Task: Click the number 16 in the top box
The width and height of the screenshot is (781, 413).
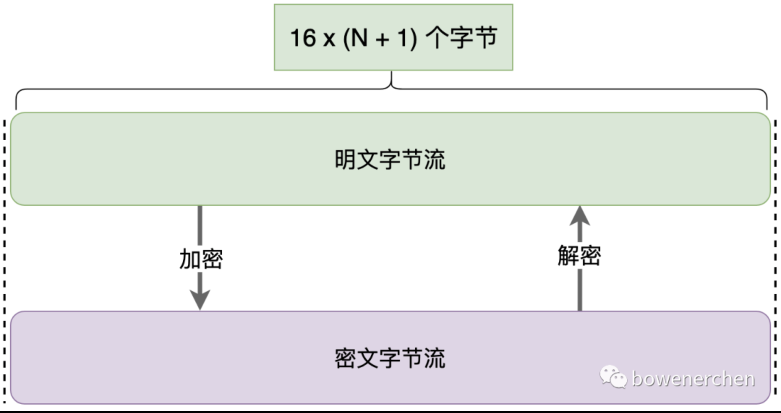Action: (x=303, y=38)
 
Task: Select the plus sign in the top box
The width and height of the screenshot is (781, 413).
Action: (x=382, y=39)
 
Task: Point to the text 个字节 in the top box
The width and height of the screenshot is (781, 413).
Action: (x=461, y=38)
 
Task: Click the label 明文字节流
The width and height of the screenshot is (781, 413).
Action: (x=390, y=159)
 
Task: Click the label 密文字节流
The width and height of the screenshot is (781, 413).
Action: (x=390, y=358)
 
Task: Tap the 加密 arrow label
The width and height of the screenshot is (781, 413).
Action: (x=201, y=259)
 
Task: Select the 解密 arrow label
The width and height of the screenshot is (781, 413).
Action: (x=579, y=256)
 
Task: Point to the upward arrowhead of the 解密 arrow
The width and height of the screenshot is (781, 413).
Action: (x=580, y=216)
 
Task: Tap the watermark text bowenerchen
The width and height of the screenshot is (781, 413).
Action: (x=693, y=379)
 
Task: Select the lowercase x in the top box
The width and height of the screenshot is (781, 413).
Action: (x=329, y=39)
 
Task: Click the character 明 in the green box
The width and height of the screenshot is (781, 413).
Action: (x=345, y=159)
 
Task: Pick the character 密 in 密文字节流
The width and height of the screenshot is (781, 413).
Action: (x=345, y=358)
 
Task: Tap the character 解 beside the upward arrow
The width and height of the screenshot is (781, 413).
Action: (x=568, y=256)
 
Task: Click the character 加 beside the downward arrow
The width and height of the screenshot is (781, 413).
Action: (x=190, y=259)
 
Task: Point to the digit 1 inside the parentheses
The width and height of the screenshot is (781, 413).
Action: (x=404, y=38)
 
